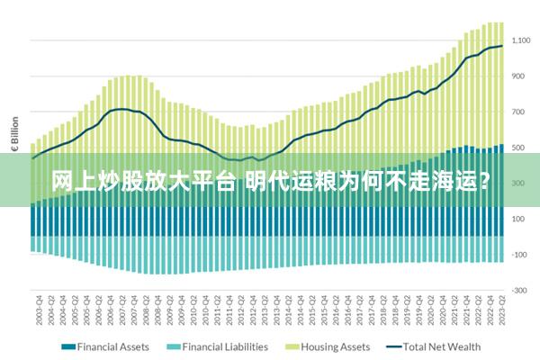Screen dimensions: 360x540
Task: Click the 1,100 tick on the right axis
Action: pyautogui.click(x=523, y=40)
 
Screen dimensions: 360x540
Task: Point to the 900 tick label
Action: pyautogui.click(x=524, y=76)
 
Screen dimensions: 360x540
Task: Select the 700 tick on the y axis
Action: pyautogui.click(x=524, y=112)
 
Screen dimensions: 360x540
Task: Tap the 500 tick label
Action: pyautogui.click(x=524, y=148)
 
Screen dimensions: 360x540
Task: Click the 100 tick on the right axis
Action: pyautogui.click(x=524, y=219)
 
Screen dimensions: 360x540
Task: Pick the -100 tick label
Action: pyautogui.click(x=523, y=255)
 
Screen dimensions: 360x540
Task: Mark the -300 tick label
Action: pyautogui.click(x=523, y=291)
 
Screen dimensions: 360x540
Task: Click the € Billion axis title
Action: pyautogui.click(x=14, y=136)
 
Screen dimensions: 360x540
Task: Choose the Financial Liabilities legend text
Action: pyautogui.click(x=225, y=346)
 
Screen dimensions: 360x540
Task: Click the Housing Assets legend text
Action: pyautogui.click(x=335, y=346)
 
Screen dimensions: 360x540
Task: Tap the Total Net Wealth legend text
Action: pyautogui.click(x=442, y=346)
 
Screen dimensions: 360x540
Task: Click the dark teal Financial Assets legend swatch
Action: pyautogui.click(x=67, y=346)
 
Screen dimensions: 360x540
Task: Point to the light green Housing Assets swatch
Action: pyautogui.click(x=292, y=346)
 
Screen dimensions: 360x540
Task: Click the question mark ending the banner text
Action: pyautogui.click(x=483, y=180)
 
